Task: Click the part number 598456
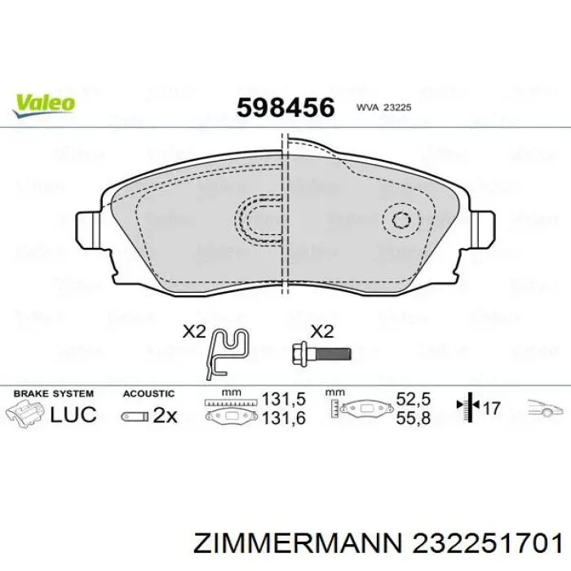point(285,107)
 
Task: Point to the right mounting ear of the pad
point(483,226)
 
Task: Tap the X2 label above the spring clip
point(193,332)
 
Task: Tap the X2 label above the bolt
point(322,332)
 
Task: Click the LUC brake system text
point(73,414)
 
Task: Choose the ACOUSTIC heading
point(148,393)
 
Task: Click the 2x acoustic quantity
point(165,415)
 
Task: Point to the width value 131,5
point(283,400)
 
